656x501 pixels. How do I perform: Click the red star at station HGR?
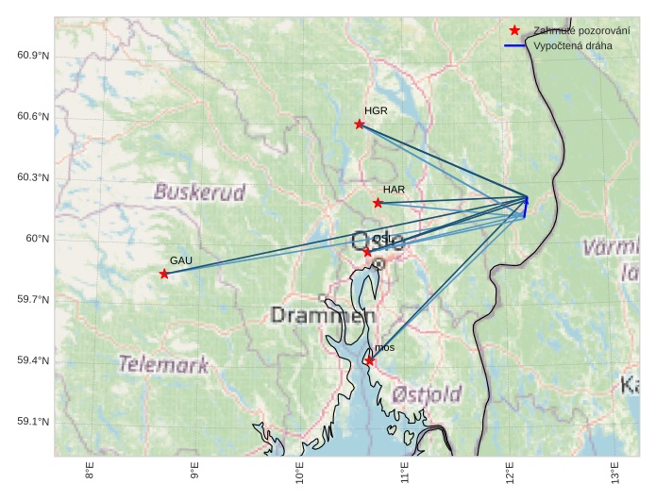[x=360, y=125]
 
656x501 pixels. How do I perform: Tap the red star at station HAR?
[x=378, y=203]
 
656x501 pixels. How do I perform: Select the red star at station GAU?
[x=164, y=274]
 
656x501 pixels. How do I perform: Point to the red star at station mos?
[x=369, y=361]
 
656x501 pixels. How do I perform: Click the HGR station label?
[x=376, y=111]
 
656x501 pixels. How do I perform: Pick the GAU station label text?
[x=180, y=260]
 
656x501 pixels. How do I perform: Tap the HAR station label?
[x=394, y=190]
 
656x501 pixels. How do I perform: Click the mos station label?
[x=384, y=348]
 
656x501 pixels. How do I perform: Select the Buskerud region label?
[x=199, y=192]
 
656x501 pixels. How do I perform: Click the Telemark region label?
[x=163, y=364]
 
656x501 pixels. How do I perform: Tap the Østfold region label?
[x=427, y=392]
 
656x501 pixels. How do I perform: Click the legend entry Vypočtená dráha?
[x=572, y=45]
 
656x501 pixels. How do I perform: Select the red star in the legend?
[x=514, y=30]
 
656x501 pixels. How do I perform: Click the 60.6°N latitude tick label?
[x=32, y=116]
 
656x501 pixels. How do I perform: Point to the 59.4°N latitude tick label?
[x=32, y=361]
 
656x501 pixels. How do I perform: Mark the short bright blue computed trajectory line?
[x=526, y=209]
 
